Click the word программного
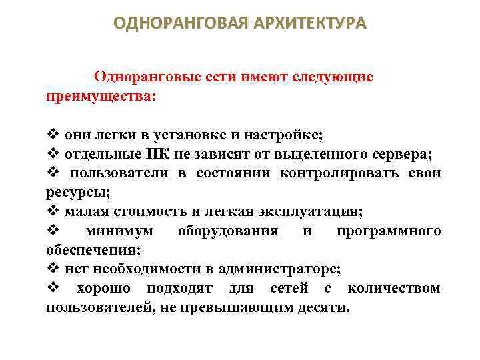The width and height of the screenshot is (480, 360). click(x=389, y=231)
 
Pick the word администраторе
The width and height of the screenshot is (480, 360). click(x=282, y=269)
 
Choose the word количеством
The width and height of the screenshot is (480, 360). click(x=393, y=289)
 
